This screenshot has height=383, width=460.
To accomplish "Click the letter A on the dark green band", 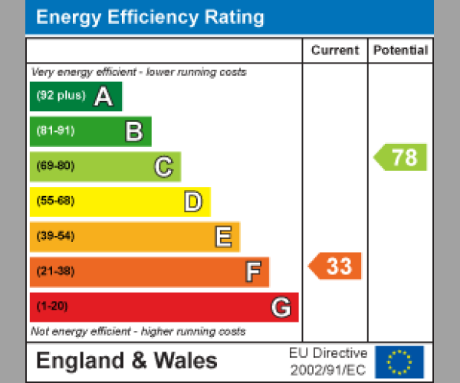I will pyautogui.click(x=103, y=97).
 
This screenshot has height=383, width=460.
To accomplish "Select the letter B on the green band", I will pyautogui.click(x=133, y=132).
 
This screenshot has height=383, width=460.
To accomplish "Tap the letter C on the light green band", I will pyautogui.click(x=163, y=166).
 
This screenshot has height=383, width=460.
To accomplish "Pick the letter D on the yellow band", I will pyautogui.click(x=193, y=201).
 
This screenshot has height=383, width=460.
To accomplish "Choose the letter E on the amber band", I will pyautogui.click(x=223, y=237).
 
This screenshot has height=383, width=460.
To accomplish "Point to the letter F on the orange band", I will pyautogui.click(x=253, y=272).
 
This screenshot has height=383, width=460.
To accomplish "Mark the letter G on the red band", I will pyautogui.click(x=281, y=307).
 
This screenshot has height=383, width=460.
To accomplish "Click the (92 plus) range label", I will pyautogui.click(x=61, y=97).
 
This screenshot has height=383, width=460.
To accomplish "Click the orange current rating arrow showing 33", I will pyautogui.click(x=335, y=267).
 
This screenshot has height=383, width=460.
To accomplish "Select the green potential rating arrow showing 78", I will pyautogui.click(x=401, y=157).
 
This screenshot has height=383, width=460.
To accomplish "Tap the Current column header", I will pyautogui.click(x=335, y=51).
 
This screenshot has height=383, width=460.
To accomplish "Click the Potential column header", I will pyautogui.click(x=400, y=51).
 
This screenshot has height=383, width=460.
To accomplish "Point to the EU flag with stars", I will pyautogui.click(x=399, y=362).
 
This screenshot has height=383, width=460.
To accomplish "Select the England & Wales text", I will pyautogui.click(x=127, y=361).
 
